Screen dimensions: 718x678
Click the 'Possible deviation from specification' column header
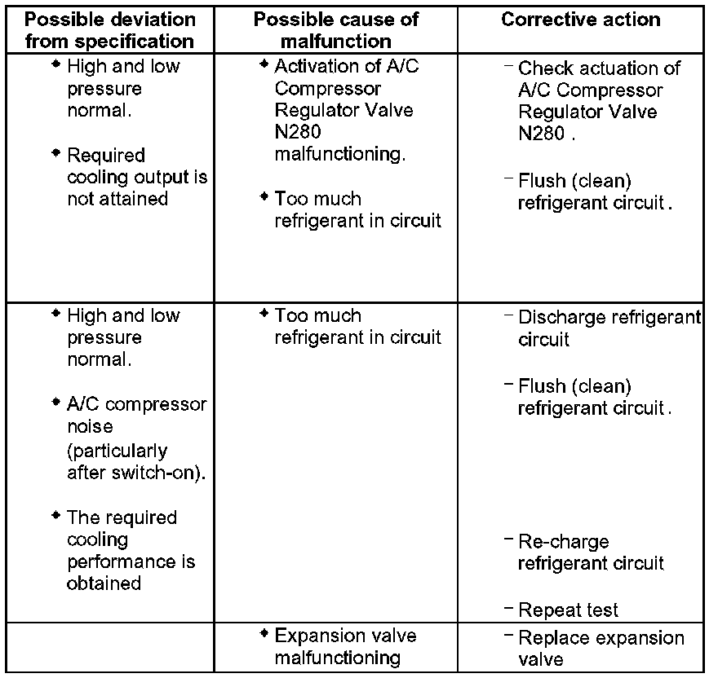pos(110,29)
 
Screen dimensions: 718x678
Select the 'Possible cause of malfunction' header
pos(335,29)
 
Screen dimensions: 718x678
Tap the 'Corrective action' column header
pos(582,20)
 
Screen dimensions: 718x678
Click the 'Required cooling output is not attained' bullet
pos(136,177)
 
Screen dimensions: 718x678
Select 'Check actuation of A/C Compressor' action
pos(599,79)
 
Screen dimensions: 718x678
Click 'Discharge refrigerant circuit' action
pos(609,328)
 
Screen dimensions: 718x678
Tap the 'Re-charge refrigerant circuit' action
pos(590,552)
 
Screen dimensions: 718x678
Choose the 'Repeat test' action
pos(568,610)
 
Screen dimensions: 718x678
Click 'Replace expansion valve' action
pos(601,648)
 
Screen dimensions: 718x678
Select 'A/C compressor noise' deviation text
pos(136,416)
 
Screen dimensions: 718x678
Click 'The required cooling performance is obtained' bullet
pos(131,550)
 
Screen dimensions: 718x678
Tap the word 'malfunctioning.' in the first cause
pos(340,154)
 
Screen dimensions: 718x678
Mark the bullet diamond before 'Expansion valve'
pos(264,633)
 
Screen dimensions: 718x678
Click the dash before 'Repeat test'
pos(509,607)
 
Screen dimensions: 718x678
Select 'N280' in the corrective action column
pos(541,134)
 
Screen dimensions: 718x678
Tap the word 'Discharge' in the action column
pos(561,317)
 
